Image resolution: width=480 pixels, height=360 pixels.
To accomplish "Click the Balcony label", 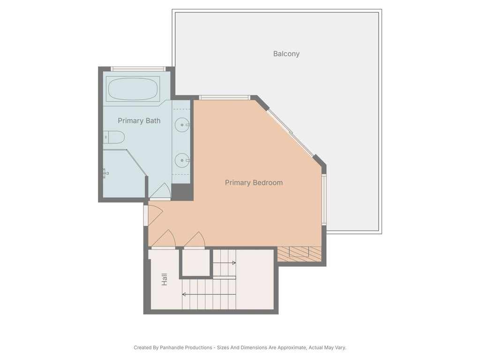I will tap(286, 54).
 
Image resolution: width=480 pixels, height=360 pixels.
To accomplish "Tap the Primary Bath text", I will tap(139, 121).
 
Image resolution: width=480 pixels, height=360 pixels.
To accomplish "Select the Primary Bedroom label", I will tap(254, 183).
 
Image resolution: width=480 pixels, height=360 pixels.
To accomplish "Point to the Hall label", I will tap(165, 280).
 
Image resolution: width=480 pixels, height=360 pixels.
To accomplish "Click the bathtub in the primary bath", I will tap(133, 89).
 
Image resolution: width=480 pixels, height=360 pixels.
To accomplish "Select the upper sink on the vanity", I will tap(182, 125).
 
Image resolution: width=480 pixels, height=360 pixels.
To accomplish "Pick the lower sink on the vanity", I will tap(182, 160).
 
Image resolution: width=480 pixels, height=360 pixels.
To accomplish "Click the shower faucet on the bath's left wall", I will tap(105, 173).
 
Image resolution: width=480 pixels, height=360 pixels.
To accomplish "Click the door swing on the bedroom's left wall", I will tap(154, 215).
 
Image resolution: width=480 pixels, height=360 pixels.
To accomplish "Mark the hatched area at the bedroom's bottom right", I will tap(299, 254).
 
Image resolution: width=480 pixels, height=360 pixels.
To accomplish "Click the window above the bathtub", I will tap(138, 69).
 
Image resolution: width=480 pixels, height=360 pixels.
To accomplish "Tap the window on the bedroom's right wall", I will tap(324, 200).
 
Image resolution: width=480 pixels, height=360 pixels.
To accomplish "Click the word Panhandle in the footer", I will tap(171, 348).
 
